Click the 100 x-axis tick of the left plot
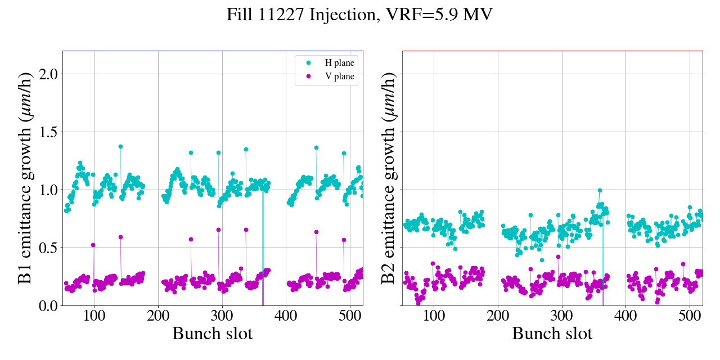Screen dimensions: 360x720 point(94,315)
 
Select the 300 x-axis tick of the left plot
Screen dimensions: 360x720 point(222,315)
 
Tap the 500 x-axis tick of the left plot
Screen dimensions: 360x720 point(350,315)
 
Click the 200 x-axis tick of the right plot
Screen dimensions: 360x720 point(498,315)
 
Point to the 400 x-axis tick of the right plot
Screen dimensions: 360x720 point(625,315)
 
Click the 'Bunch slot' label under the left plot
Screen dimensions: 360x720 point(212,334)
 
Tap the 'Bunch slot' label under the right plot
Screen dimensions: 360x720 point(552,334)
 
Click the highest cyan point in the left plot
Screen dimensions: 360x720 point(120,146)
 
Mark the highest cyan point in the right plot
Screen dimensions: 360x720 point(600,191)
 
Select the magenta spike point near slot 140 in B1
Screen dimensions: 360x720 point(120,237)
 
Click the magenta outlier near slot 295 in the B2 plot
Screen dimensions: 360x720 point(558,256)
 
